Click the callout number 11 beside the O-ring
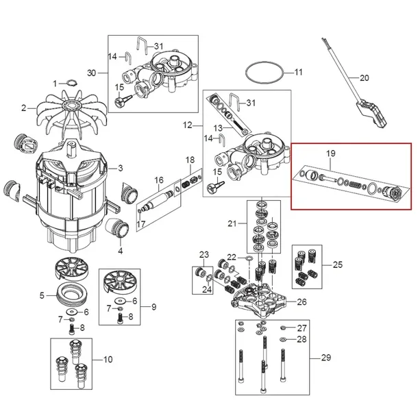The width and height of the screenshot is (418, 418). [x=298, y=72]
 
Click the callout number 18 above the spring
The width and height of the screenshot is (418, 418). [x=190, y=160]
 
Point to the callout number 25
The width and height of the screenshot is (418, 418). [x=336, y=264]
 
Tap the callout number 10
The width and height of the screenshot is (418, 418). [x=108, y=360]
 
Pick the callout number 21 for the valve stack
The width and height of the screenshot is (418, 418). [x=232, y=225]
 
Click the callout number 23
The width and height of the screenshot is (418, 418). [x=204, y=255]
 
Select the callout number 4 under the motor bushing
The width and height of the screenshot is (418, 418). [x=120, y=241]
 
